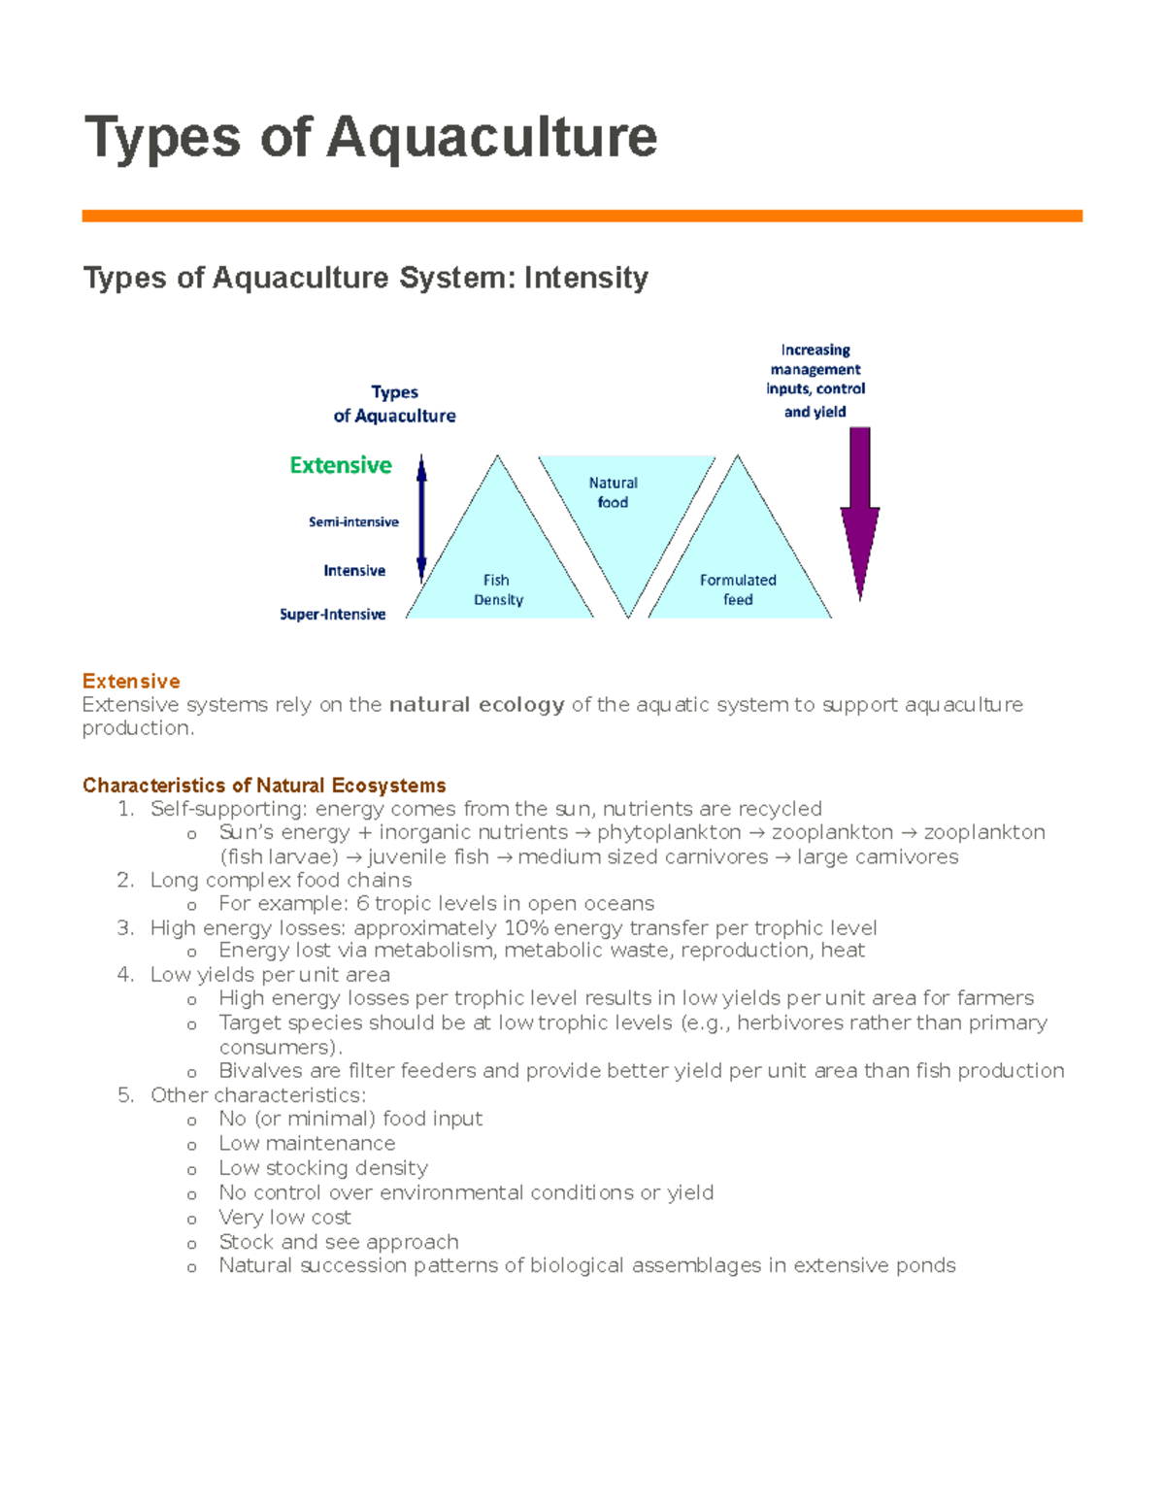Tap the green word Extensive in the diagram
pyautogui.click(x=341, y=465)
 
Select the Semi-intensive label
pyautogui.click(x=353, y=522)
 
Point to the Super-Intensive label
pyautogui.click(x=332, y=615)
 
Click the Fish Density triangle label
pyautogui.click(x=498, y=590)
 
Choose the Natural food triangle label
pyautogui.click(x=613, y=492)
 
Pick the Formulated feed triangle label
pyautogui.click(x=738, y=589)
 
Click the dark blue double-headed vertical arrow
pyautogui.click(x=421, y=518)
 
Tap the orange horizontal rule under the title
pyautogui.click(x=582, y=216)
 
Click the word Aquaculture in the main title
pyautogui.click(x=491, y=137)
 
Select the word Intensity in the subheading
pyautogui.click(x=585, y=279)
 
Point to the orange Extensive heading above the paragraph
pyautogui.click(x=131, y=681)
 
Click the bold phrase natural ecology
pyautogui.click(x=476, y=705)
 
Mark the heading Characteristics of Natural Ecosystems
pyautogui.click(x=264, y=786)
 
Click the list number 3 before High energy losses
pyautogui.click(x=124, y=928)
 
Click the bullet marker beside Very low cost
pyautogui.click(x=192, y=1220)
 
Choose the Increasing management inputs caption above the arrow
pyautogui.click(x=815, y=380)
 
